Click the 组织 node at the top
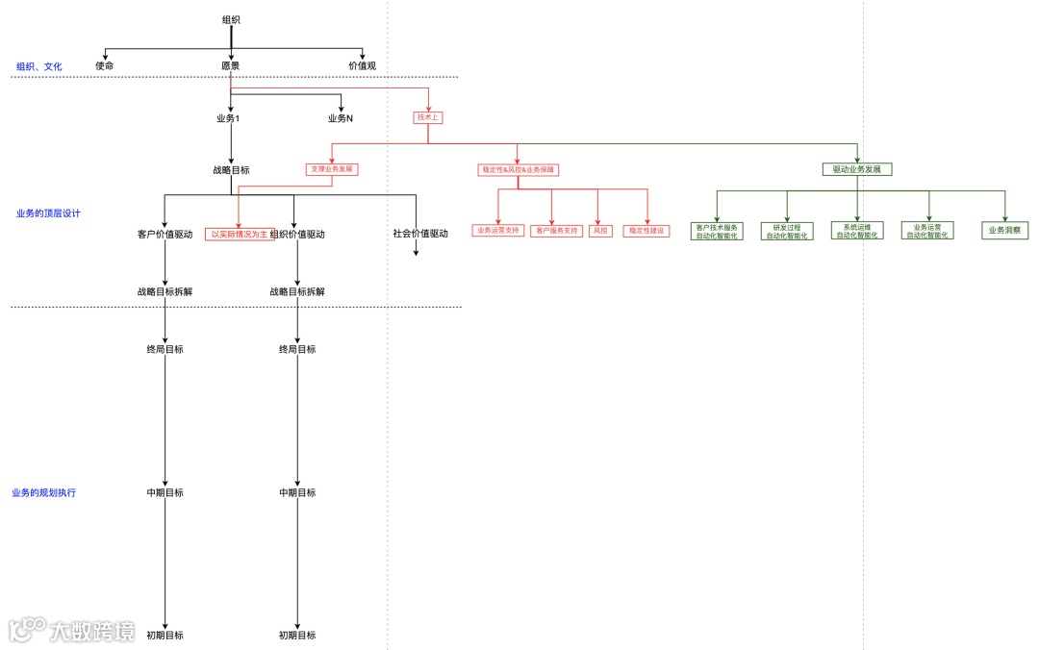[x=231, y=19]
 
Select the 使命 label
[x=104, y=65]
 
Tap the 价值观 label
[x=362, y=65]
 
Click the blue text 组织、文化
[x=39, y=66]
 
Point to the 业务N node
[x=341, y=118]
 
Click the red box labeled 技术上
[x=428, y=117]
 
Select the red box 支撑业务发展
[x=332, y=169]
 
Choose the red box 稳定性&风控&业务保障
[x=518, y=169]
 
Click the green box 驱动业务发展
[x=857, y=169]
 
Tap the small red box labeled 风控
[x=599, y=231]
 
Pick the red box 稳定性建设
[x=646, y=231]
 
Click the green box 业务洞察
[x=1005, y=231]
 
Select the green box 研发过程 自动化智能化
[x=787, y=231]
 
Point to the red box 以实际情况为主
[x=240, y=234]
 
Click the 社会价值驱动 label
[x=420, y=234]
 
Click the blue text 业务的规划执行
[x=44, y=492]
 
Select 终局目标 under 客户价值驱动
[x=165, y=349]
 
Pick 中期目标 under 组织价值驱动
[x=297, y=492]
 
